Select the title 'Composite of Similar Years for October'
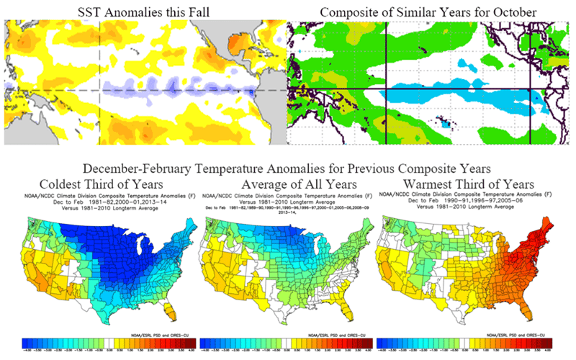(x=430, y=11)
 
